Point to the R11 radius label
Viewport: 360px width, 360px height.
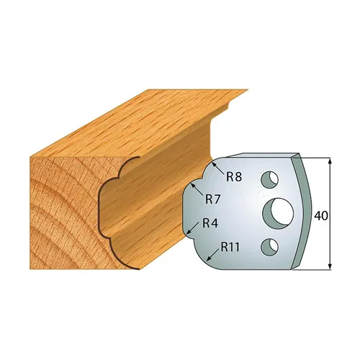230,247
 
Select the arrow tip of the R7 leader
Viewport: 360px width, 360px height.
194,184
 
